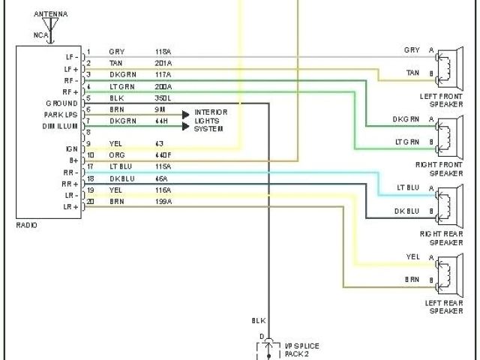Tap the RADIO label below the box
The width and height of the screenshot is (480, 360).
click(x=27, y=225)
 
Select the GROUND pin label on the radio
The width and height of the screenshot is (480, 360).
click(x=61, y=103)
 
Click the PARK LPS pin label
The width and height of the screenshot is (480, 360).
click(x=60, y=114)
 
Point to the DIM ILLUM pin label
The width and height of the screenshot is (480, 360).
click(x=60, y=126)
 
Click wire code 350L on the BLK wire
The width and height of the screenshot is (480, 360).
click(x=163, y=98)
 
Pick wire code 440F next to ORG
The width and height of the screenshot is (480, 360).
click(x=163, y=154)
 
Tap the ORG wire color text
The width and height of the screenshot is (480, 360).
click(x=116, y=154)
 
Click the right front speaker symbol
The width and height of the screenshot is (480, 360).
click(x=448, y=131)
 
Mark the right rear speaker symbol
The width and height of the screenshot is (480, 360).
click(x=448, y=201)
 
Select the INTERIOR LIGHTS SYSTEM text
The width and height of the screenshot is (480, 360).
click(x=211, y=120)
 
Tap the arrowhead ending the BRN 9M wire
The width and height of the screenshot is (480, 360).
click(x=185, y=115)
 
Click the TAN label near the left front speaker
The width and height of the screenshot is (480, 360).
click(x=412, y=72)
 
